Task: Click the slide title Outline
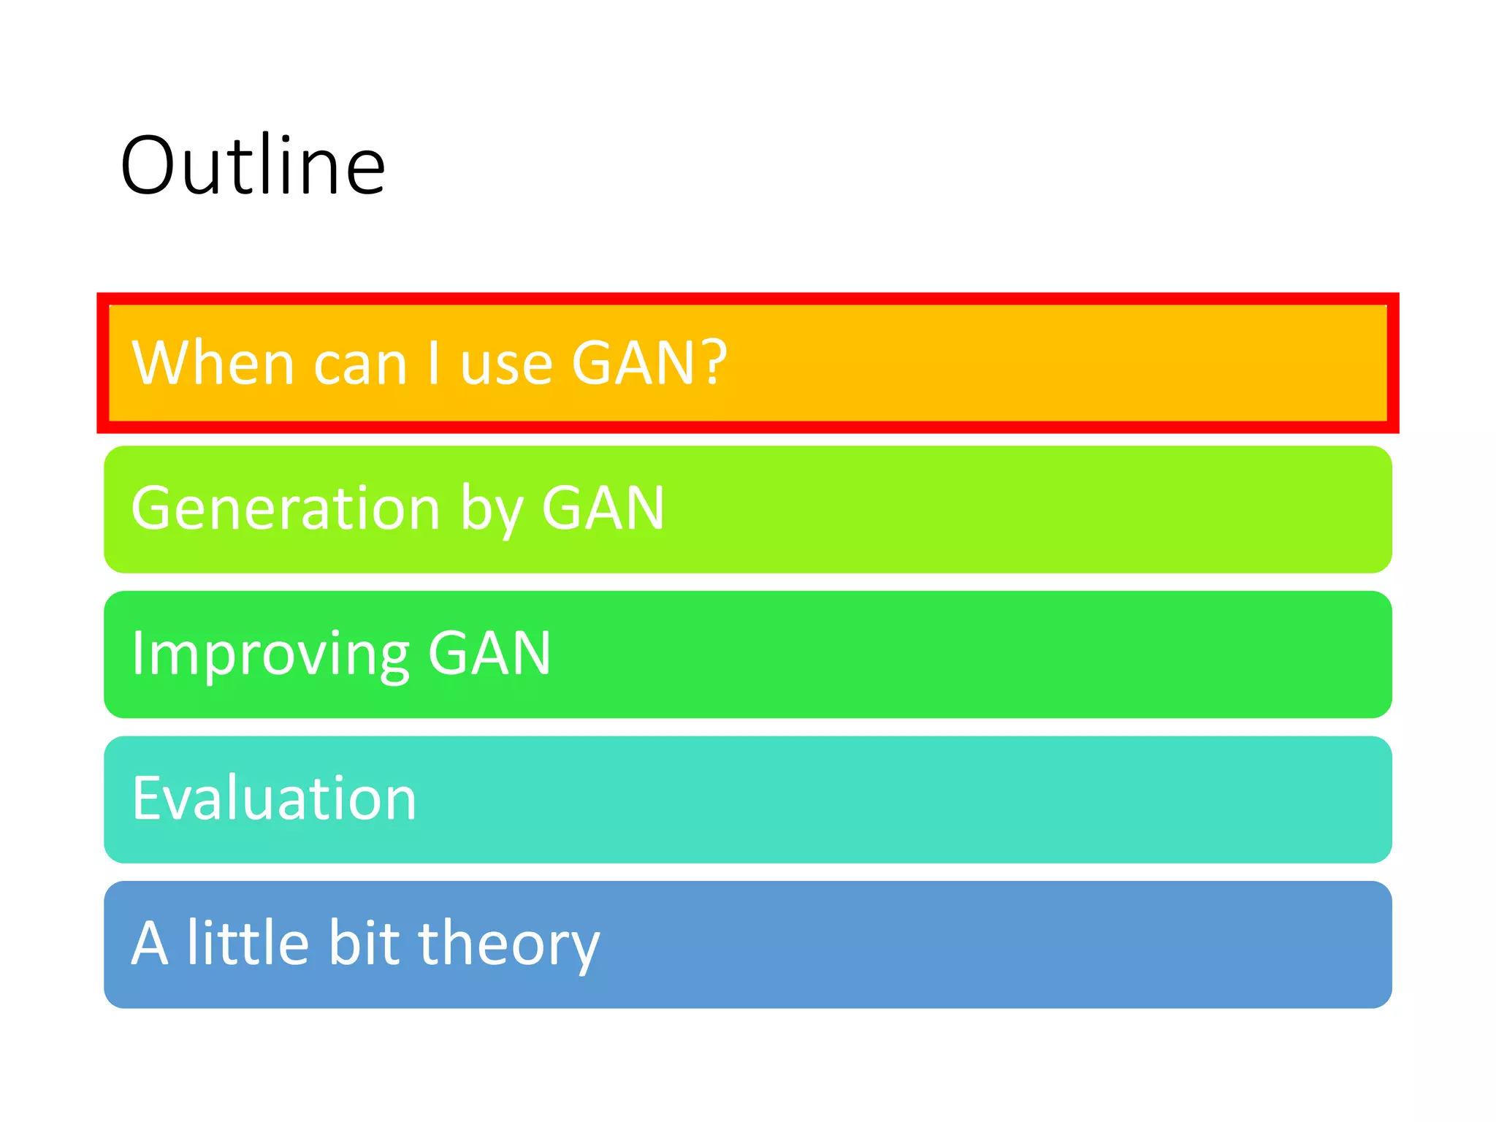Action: (253, 166)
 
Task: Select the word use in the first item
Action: (506, 365)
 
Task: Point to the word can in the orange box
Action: (360, 365)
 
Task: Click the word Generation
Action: (286, 508)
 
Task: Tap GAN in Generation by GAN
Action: (603, 508)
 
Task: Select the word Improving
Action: (270, 654)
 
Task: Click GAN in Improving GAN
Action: (489, 653)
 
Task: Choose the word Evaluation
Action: (274, 798)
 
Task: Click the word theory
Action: (508, 944)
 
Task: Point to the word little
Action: (248, 942)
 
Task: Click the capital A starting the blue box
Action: (150, 944)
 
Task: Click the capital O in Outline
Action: (149, 167)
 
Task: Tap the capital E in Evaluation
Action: (145, 798)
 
